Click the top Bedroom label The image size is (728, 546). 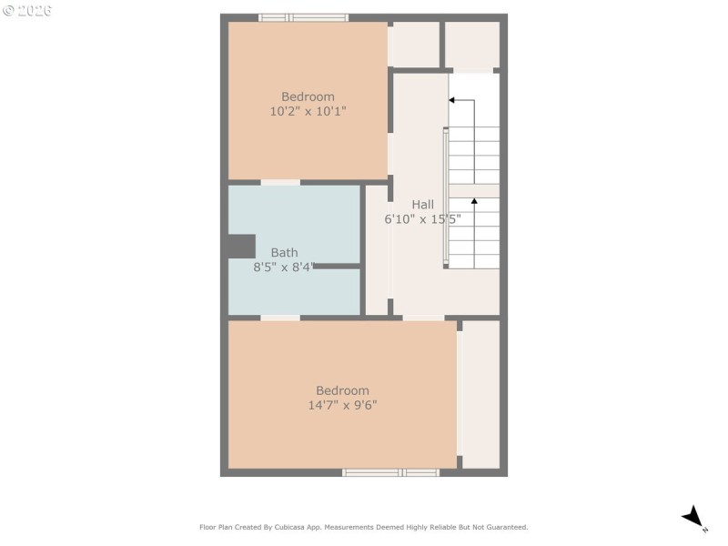point(308,96)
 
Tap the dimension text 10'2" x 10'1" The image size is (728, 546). point(308,111)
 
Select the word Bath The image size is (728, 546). point(284,253)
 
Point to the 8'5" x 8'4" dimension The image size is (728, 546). point(284,268)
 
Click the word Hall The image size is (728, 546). point(422,205)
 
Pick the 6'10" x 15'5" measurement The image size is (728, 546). point(422,219)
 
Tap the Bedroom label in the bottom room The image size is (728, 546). point(342,390)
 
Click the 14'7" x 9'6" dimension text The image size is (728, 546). point(342,405)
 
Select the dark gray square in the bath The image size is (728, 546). point(241,247)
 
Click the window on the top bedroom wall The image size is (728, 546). point(303,17)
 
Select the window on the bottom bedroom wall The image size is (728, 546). point(390,472)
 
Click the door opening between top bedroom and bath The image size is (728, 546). point(280,182)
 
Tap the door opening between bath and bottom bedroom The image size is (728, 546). point(280,318)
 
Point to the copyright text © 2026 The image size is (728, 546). point(27,10)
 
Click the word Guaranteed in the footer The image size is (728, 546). point(506,527)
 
